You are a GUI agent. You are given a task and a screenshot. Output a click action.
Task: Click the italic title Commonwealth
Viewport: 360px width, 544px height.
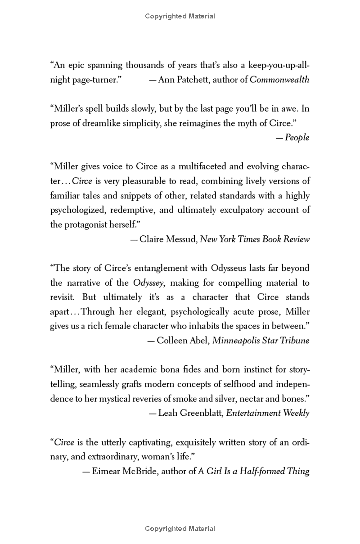tap(279, 80)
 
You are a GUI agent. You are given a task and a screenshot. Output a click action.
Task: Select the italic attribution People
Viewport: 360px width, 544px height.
tap(297, 138)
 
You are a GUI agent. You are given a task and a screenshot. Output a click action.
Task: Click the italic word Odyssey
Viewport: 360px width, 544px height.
tap(148, 283)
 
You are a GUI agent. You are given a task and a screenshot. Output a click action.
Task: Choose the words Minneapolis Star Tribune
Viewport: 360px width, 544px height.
tap(261, 340)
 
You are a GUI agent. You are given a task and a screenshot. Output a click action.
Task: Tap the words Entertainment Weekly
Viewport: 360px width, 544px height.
tap(267, 413)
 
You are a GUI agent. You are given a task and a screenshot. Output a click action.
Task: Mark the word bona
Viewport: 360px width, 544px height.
tap(166, 370)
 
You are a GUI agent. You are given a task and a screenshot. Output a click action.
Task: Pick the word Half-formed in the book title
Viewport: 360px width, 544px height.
tap(258, 471)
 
